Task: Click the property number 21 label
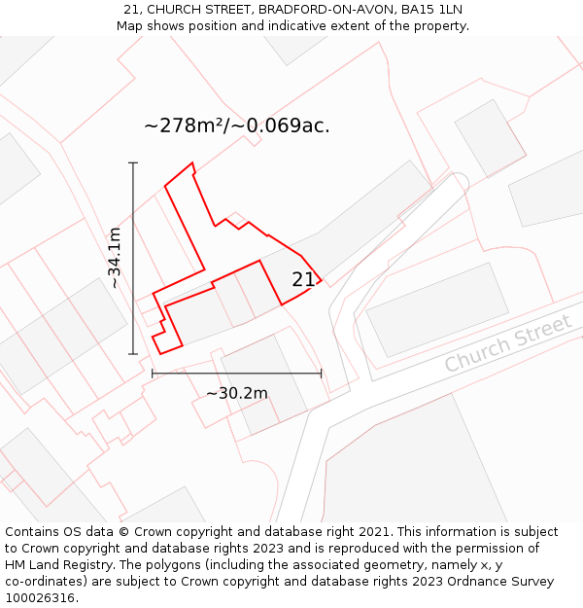[303, 280]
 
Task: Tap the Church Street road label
[507, 343]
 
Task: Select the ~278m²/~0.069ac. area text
[237, 125]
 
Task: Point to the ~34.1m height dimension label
[115, 258]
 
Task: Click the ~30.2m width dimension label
[236, 393]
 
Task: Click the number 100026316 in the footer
[41, 598]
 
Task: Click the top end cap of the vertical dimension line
[133, 162]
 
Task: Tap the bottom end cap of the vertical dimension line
[133, 354]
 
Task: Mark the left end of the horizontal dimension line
[152, 373]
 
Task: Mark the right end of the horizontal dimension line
[321, 373]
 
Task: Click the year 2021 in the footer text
[374, 532]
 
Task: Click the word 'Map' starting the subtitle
[130, 25]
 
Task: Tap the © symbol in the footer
[123, 532]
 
